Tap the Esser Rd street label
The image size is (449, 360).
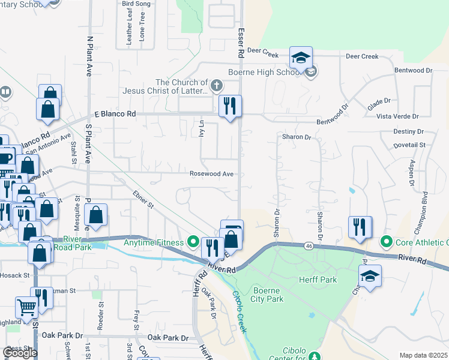click(241, 41)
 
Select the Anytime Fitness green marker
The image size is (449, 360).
click(193, 242)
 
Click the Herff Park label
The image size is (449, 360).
click(319, 280)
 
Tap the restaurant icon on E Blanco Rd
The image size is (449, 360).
click(230, 107)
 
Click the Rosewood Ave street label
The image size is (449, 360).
click(211, 174)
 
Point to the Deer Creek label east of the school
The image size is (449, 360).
click(362, 56)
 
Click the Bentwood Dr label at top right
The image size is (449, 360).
click(414, 70)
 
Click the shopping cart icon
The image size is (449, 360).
click(26, 308)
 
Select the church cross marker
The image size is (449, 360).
click(217, 88)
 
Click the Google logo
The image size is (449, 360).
click(20, 353)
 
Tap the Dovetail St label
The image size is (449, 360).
click(409, 145)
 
